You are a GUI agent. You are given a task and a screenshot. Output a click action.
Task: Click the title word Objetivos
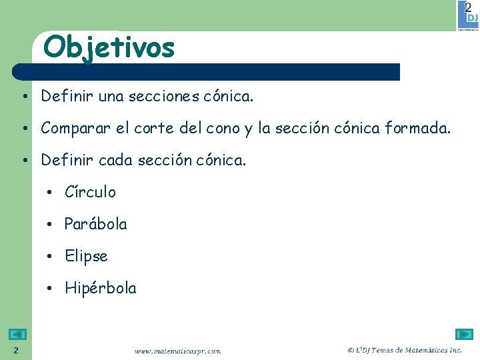point(109,47)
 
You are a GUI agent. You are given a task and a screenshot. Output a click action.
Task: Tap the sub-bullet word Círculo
point(90,192)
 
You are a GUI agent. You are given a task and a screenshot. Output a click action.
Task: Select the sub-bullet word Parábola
point(95,224)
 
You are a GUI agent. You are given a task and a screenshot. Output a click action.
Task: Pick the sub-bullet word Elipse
point(86,256)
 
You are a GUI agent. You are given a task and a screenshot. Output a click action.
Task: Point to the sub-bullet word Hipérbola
point(100,288)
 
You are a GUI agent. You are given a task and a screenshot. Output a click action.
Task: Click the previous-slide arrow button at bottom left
point(18,335)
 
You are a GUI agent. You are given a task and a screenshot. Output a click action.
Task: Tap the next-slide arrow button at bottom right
point(464,335)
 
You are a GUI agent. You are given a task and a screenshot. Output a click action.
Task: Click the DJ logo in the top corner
point(467,16)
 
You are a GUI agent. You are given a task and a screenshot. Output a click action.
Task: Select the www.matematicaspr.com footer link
point(177,351)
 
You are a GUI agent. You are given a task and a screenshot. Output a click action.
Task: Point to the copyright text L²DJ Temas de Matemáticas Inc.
point(405,350)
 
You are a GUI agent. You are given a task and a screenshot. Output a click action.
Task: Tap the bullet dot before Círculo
point(50,193)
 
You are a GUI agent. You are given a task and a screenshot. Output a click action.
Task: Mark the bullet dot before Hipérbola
point(50,289)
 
